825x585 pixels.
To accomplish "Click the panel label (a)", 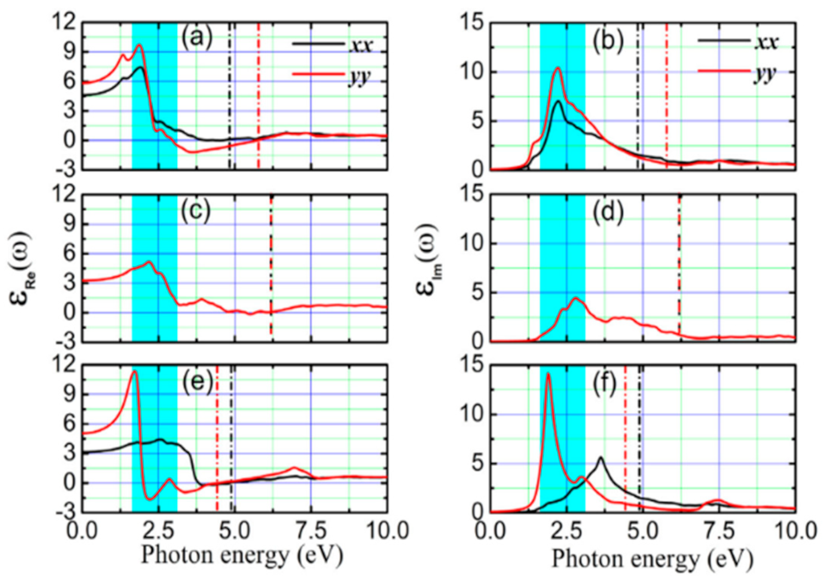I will [x=196, y=38].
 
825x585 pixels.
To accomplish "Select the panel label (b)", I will [x=608, y=42].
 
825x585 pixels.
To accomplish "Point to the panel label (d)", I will [x=608, y=213].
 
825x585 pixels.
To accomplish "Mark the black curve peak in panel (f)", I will [x=601, y=457].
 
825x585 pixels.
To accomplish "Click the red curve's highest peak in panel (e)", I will [x=134, y=372].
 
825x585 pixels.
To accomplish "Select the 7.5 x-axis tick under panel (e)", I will [x=311, y=531].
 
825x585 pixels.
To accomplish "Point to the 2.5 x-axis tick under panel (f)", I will [x=566, y=532].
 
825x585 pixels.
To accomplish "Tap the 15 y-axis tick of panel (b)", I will [x=471, y=23].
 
